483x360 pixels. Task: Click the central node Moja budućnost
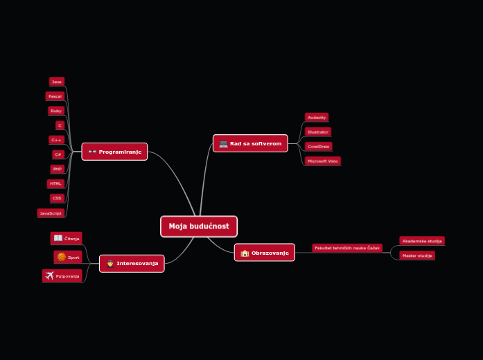point(199,226)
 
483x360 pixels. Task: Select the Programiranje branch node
point(114,152)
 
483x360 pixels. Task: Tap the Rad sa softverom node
point(250,143)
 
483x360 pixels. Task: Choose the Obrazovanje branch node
point(264,253)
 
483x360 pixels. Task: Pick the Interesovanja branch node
point(132,263)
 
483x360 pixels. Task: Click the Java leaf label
point(57,82)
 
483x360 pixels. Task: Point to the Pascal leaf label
point(55,96)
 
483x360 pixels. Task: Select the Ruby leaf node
point(56,111)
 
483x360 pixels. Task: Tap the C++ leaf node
point(57,140)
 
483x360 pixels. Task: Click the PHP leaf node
point(58,169)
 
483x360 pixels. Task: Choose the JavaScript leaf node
point(51,213)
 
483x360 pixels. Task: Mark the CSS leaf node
point(57,198)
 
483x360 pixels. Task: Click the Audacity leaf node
point(317,118)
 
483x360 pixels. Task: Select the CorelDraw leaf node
point(319,147)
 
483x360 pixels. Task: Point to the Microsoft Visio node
point(323,161)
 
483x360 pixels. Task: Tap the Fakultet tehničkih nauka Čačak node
point(346,248)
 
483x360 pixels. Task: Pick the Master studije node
point(417,255)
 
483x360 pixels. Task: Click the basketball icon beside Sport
point(62,257)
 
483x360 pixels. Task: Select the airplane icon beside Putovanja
point(50,276)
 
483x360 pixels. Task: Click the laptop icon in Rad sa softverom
point(223,144)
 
